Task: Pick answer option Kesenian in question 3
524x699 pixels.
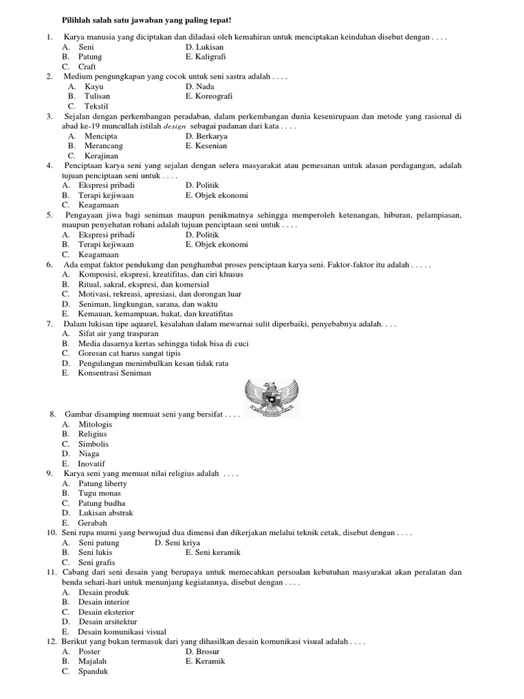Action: [x=206, y=146]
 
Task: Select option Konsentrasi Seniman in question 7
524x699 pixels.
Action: [x=115, y=373]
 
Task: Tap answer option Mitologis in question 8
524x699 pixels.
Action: [x=95, y=424]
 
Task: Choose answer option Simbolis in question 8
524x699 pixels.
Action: [x=93, y=444]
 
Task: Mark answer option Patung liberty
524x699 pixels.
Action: [x=102, y=483]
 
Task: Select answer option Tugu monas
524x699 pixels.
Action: [x=100, y=493]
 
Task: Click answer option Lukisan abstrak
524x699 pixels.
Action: [x=105, y=513]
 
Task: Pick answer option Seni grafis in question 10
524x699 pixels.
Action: [x=96, y=562]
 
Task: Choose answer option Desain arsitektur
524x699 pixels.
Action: [x=108, y=622]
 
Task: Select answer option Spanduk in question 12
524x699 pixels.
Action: [x=94, y=671]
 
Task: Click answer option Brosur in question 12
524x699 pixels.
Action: [x=202, y=651]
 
